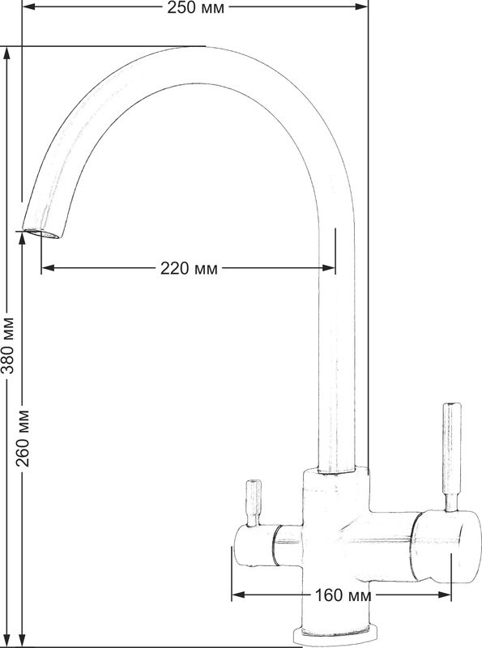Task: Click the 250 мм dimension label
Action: click(x=195, y=7)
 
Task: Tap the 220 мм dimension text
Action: click(x=189, y=269)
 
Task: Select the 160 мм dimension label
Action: click(x=343, y=595)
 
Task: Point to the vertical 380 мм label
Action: click(x=7, y=346)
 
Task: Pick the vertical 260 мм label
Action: click(x=23, y=439)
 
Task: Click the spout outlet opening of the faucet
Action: click(x=41, y=233)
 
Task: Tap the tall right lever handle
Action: click(x=451, y=457)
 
